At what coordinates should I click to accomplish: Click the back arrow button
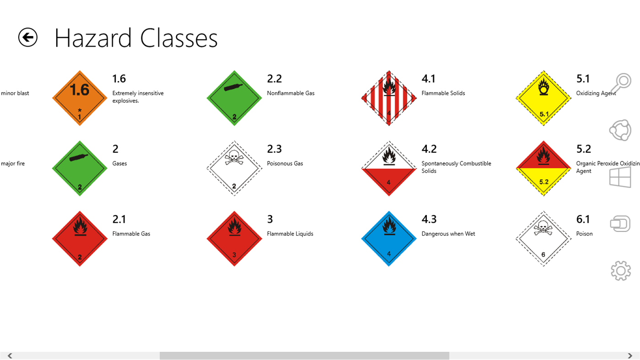(x=28, y=37)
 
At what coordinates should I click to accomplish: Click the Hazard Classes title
(x=136, y=38)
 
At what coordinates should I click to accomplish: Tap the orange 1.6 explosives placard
(x=80, y=98)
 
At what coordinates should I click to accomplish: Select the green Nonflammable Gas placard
(x=234, y=98)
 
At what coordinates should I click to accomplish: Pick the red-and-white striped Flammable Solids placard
(x=389, y=98)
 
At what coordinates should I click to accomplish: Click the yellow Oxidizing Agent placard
(x=543, y=98)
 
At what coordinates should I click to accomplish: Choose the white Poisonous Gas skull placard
(x=234, y=168)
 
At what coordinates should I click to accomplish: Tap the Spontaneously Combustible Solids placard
(x=389, y=168)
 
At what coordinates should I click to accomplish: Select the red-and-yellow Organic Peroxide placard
(x=543, y=168)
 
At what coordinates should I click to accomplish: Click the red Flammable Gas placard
(x=80, y=238)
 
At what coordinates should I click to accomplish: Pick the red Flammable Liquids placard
(x=234, y=238)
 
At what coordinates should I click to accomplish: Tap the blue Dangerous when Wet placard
(x=389, y=238)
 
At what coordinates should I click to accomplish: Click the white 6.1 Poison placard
(x=543, y=238)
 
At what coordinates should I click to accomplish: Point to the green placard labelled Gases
(x=80, y=168)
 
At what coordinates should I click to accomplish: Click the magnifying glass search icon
(x=621, y=84)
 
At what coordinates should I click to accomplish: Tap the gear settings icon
(x=620, y=271)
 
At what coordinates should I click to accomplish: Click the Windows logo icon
(x=620, y=177)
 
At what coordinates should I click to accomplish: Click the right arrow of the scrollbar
(x=630, y=355)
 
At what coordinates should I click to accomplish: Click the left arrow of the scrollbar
(x=10, y=355)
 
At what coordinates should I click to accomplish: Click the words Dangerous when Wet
(x=448, y=234)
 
